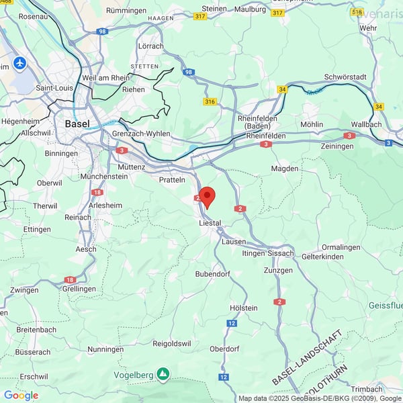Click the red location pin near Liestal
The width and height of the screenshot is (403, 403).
208,197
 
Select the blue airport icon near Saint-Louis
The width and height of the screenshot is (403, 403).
19,63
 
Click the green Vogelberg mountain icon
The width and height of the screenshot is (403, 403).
163,373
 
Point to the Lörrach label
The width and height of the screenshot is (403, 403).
151,46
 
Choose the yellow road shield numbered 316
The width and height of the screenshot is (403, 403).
210,101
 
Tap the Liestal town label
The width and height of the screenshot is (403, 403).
210,222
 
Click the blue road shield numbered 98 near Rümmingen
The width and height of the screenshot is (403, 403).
101,31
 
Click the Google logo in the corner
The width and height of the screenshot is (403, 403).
21,395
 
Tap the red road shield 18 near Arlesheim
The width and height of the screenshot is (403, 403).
97,192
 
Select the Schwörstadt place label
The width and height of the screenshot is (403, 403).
344,77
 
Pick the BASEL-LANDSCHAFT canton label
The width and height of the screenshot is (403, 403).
308,357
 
